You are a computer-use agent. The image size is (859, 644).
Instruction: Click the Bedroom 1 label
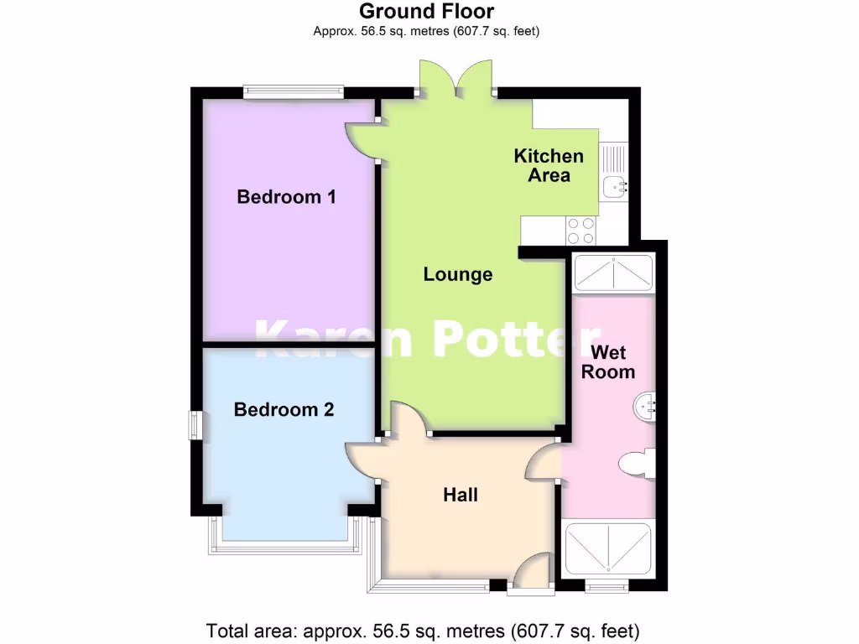click(286, 197)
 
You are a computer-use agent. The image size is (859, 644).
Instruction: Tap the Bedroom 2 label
click(284, 410)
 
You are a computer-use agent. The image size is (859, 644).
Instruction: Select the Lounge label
click(457, 274)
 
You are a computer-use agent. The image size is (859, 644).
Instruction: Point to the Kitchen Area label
click(549, 165)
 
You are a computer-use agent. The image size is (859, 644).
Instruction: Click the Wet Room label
click(608, 361)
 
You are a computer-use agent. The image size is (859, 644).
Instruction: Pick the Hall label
click(461, 495)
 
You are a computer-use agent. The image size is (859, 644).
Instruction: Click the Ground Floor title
click(426, 12)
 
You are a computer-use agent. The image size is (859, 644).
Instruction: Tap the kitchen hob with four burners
click(580, 228)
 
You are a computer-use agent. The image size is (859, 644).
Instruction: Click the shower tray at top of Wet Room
click(612, 273)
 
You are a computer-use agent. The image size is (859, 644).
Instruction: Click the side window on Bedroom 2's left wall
click(194, 425)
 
